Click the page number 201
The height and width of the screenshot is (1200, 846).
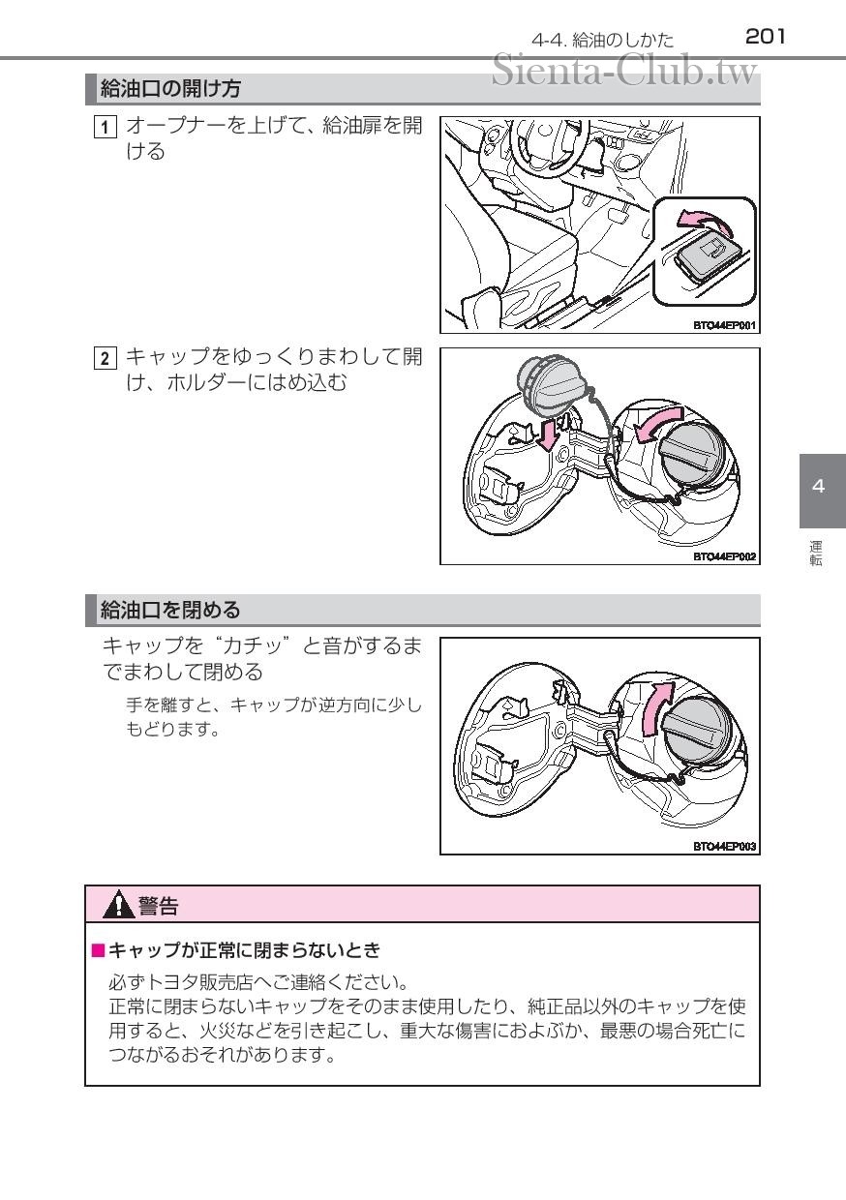pyautogui.click(x=765, y=37)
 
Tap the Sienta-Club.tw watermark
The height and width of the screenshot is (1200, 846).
pyautogui.click(x=624, y=71)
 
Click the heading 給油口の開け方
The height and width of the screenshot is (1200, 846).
pyautogui.click(x=170, y=88)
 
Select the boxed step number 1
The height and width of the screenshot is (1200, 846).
pyautogui.click(x=105, y=128)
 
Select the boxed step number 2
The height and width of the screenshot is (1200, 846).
pyautogui.click(x=105, y=359)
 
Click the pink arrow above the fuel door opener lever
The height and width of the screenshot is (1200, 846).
pyautogui.click(x=705, y=221)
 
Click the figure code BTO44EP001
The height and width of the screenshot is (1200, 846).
pyautogui.click(x=724, y=325)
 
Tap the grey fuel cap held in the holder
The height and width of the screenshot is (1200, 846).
pyautogui.click(x=549, y=383)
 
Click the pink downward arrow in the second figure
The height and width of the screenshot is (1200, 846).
pyautogui.click(x=547, y=435)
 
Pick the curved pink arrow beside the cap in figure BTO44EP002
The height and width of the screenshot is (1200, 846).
pyautogui.click(x=658, y=423)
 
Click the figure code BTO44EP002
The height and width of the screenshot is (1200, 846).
pyautogui.click(x=724, y=556)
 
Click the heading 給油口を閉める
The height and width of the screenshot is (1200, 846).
pyautogui.click(x=170, y=611)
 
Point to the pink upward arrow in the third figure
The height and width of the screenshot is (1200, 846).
pyautogui.click(x=657, y=708)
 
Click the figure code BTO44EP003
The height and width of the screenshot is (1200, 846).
pyautogui.click(x=724, y=847)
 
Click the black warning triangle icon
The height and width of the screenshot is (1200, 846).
pyautogui.click(x=118, y=905)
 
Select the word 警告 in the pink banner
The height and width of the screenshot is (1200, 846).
pyautogui.click(x=158, y=906)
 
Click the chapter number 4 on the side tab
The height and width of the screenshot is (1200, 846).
pyautogui.click(x=818, y=486)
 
